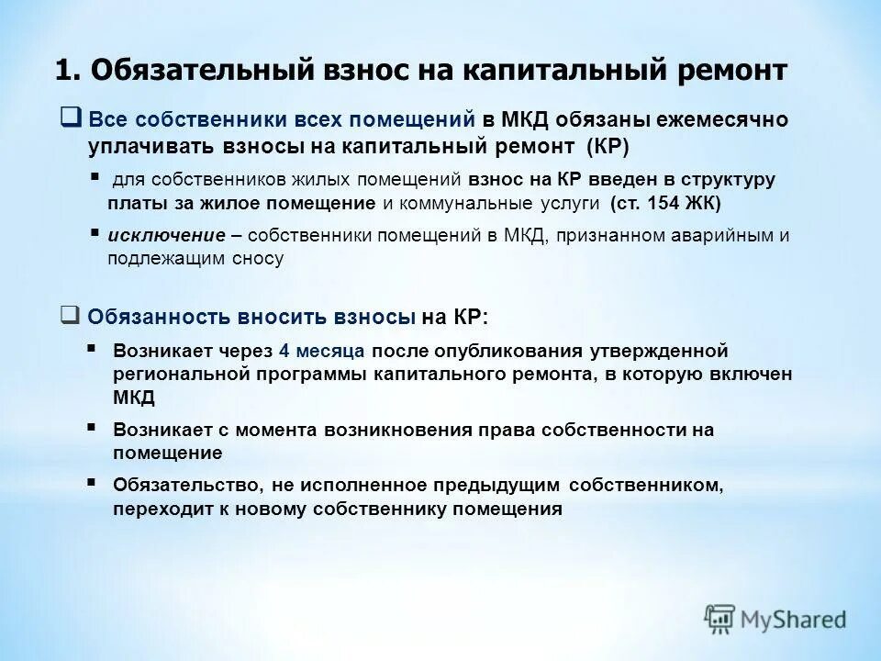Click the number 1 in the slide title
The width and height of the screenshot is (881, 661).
click(63, 72)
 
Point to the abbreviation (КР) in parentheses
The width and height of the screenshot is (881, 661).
click(608, 146)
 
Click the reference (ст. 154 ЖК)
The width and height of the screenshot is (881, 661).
click(665, 202)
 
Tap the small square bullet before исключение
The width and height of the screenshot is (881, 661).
click(95, 233)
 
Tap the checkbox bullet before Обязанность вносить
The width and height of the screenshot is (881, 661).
click(70, 315)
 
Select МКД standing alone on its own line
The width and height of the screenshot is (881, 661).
click(135, 397)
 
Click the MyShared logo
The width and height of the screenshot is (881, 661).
click(775, 618)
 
